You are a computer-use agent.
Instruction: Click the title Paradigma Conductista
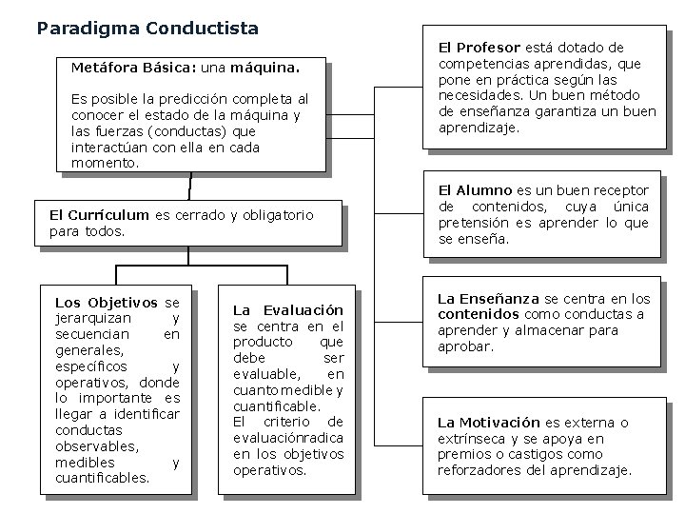tap(147, 29)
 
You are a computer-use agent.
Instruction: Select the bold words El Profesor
tap(479, 47)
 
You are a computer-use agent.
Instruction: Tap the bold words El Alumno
tap(474, 190)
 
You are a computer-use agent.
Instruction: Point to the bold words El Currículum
tap(99, 215)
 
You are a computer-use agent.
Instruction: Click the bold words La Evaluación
tap(288, 310)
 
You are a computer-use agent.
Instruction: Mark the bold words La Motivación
tap(488, 422)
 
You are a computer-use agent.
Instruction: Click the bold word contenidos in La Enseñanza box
tap(478, 314)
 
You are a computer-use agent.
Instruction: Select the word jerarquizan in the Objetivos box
tap(93, 318)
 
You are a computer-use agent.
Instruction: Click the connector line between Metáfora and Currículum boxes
tap(190, 186)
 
